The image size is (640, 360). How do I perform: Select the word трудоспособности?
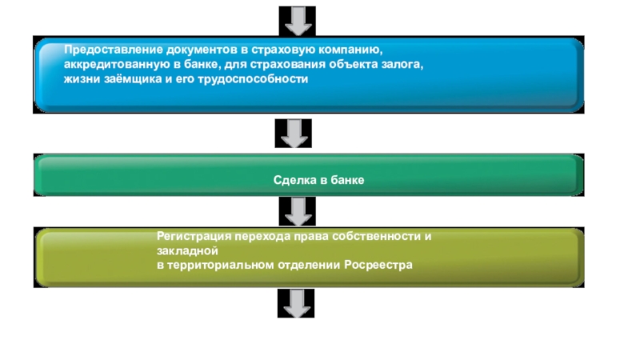pos(258,81)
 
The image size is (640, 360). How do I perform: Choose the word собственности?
pos(379,237)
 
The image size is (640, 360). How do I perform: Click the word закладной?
pos(182,250)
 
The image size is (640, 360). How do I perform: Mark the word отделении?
pos(310,265)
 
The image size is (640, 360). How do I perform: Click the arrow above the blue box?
pos(294,19)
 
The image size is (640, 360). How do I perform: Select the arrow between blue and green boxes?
pos(294,133)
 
